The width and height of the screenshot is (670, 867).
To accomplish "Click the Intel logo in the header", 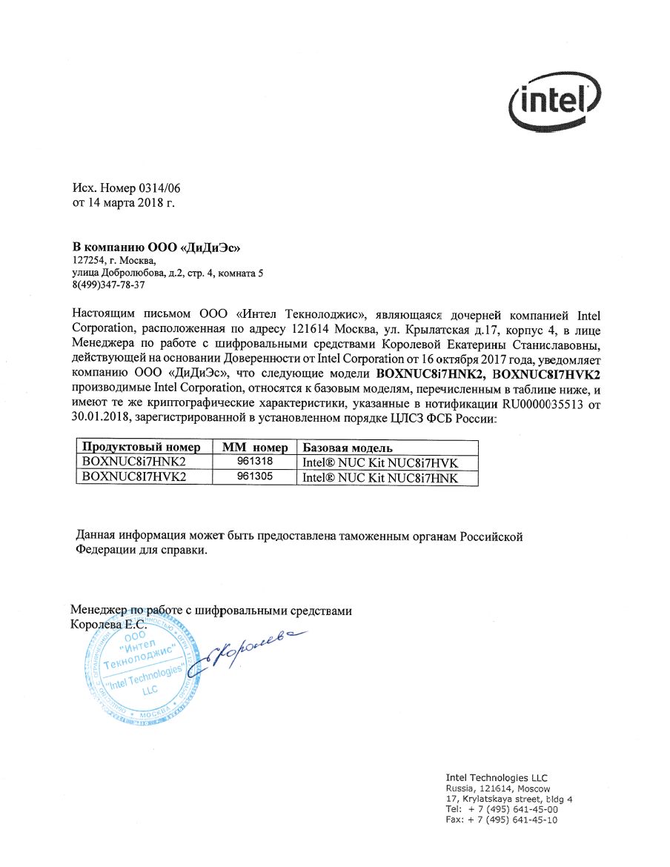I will (554, 106).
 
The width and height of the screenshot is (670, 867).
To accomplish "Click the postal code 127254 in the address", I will (88, 260).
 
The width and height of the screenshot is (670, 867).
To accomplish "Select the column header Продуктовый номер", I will (141, 448).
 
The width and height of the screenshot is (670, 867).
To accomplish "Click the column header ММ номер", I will (254, 448).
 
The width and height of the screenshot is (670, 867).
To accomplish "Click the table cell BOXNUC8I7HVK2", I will (134, 477).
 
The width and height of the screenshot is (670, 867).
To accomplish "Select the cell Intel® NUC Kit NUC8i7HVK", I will (381, 463).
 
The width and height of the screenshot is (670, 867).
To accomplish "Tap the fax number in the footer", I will (502, 820).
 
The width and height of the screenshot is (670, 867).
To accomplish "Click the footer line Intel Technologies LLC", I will (496, 777).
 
